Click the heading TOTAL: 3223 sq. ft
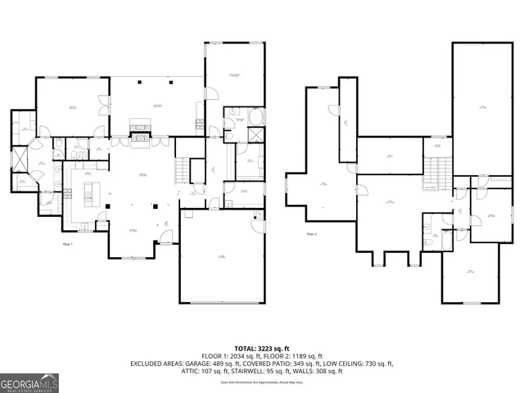[262, 349]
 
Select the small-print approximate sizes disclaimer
[262, 382]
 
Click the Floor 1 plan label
[68, 244]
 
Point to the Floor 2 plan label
[312, 234]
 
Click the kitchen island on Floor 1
[92, 195]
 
